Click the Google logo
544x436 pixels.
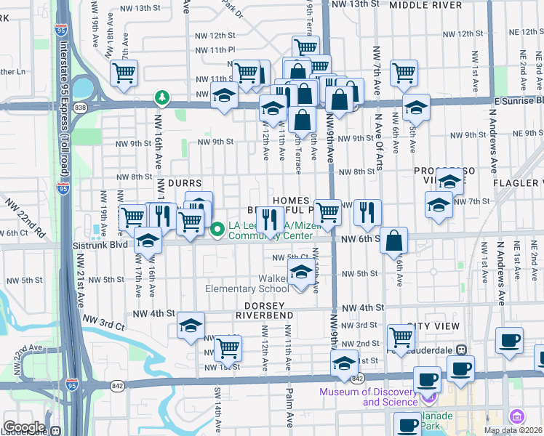[x=23, y=427]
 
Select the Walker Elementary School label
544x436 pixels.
[x=247, y=283]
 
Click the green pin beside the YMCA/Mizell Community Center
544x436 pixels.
[x=217, y=230]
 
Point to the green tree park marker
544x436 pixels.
[x=161, y=97]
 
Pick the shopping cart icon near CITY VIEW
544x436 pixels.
[x=401, y=337]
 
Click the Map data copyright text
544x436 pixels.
[x=513, y=430]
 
